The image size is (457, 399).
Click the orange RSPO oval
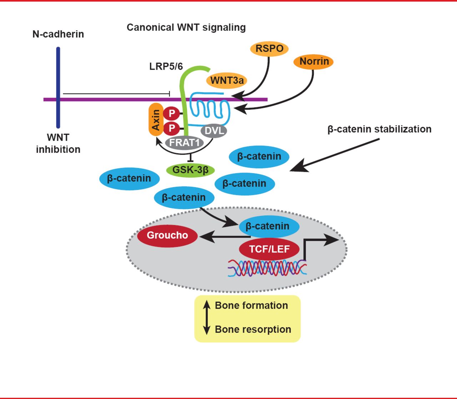[269, 49]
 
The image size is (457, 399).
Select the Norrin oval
[314, 61]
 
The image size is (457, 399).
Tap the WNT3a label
[227, 80]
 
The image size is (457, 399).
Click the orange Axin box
[156, 120]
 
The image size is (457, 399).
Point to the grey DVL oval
[214, 131]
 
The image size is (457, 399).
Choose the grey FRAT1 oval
[184, 143]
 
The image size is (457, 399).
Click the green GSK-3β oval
[190, 170]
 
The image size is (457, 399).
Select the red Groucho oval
[167, 235]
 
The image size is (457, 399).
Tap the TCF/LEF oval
[269, 249]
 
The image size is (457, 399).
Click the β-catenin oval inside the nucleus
[267, 226]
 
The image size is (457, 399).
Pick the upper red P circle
[172, 114]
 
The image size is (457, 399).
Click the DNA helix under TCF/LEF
[267, 268]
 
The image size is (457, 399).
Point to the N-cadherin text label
[58, 34]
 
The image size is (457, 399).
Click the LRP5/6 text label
[166, 66]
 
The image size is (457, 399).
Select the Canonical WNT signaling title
[186, 28]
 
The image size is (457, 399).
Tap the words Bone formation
[251, 305]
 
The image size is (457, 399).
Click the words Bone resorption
[253, 329]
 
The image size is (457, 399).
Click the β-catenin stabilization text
[379, 129]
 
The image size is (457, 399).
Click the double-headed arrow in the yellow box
[206, 317]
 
